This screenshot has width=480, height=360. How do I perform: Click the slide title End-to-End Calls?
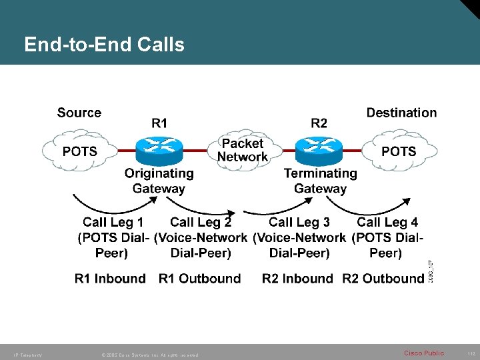pos(104,45)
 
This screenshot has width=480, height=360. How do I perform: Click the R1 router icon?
pos(159,150)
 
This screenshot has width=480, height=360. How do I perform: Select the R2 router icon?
pos(319,150)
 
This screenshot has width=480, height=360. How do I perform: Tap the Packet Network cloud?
pos(242,150)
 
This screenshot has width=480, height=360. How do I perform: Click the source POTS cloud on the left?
pos(79,151)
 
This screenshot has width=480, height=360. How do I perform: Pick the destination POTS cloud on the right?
pos(398,151)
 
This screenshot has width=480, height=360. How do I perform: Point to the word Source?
pos(79,113)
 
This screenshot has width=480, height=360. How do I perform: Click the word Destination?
pos(401,113)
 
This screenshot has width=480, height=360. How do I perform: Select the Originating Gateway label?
pos(159,181)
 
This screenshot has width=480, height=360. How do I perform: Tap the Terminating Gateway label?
pos(320,181)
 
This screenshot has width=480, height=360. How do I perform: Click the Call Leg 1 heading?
pos(113,222)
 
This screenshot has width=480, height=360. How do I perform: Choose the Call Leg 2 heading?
pos(201,222)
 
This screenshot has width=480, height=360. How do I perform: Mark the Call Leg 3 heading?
pos(299,222)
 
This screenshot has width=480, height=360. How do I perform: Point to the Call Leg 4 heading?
pos(387,222)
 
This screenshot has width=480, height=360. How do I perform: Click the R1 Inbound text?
pos(110,279)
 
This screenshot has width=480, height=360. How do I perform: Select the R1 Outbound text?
pos(199,279)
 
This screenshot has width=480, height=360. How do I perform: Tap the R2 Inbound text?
pos(297,279)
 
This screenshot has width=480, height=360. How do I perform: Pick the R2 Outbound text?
pos(383,279)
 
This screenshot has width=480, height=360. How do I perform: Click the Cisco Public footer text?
pos(423,353)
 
